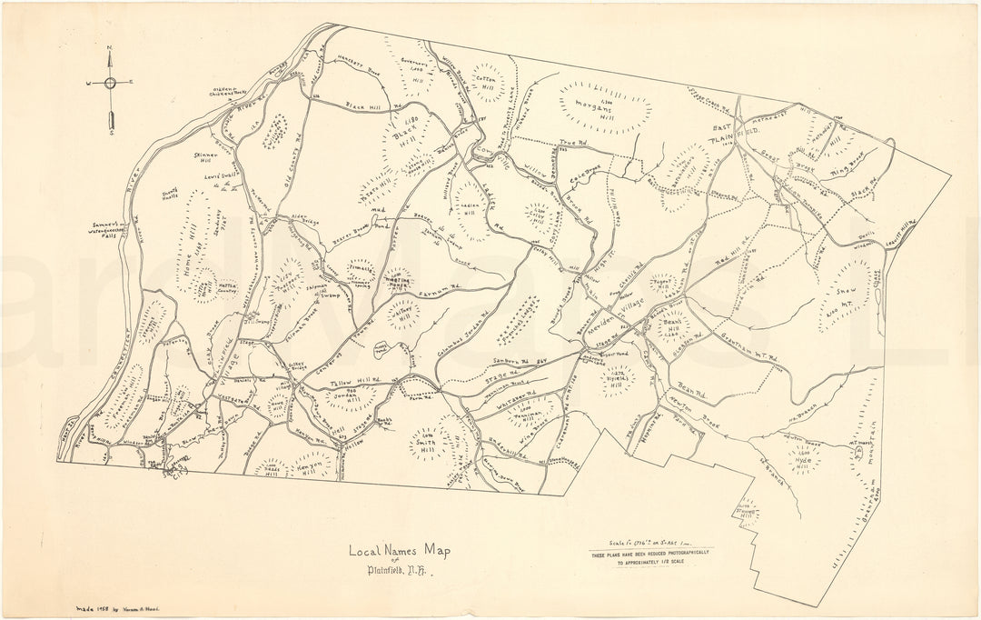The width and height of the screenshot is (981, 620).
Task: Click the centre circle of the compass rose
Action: point(110,82)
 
